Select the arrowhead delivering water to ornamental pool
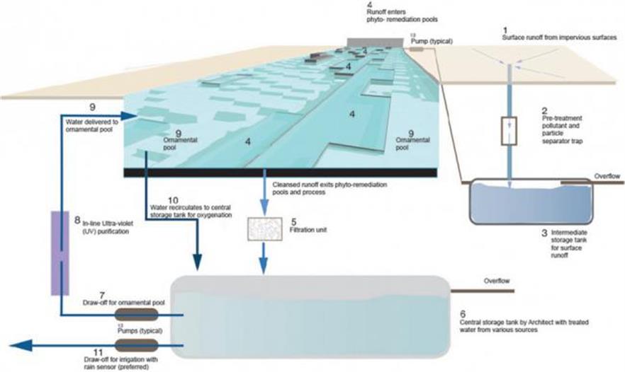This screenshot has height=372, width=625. pyautogui.click(x=128, y=116)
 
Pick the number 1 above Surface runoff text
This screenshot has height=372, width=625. pyautogui.click(x=504, y=28)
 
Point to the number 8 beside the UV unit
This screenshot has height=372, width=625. pyautogui.click(x=77, y=221)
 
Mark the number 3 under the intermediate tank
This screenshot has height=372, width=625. pyautogui.click(x=543, y=231)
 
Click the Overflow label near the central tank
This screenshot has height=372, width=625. pyautogui.click(x=497, y=281)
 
